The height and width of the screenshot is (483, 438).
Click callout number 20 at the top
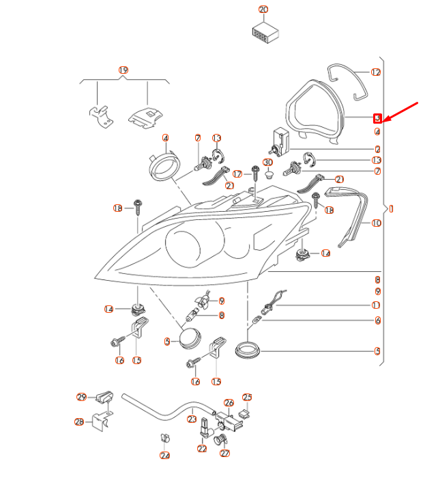[263, 10]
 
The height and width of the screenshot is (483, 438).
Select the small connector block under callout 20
[263, 33]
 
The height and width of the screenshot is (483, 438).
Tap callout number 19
[123, 70]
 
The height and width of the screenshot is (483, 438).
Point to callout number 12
[376, 72]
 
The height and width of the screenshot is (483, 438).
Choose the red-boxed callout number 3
[377, 118]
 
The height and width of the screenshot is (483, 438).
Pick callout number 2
[377, 149]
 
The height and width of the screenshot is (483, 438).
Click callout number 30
[268, 162]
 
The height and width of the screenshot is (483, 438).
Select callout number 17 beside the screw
[237, 174]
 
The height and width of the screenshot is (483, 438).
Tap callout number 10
[376, 223]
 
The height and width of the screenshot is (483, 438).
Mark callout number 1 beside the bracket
[391, 208]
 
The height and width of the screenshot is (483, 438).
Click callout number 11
[376, 305]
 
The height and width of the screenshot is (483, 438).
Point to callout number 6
[377, 320]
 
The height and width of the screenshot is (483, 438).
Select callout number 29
[81, 397]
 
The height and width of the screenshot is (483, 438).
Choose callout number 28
[78, 422]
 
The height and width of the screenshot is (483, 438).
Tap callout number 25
[248, 397]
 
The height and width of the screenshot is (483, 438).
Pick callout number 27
[225, 452]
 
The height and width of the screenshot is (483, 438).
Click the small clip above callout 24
[164, 438]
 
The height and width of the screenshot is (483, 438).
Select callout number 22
[201, 449]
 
